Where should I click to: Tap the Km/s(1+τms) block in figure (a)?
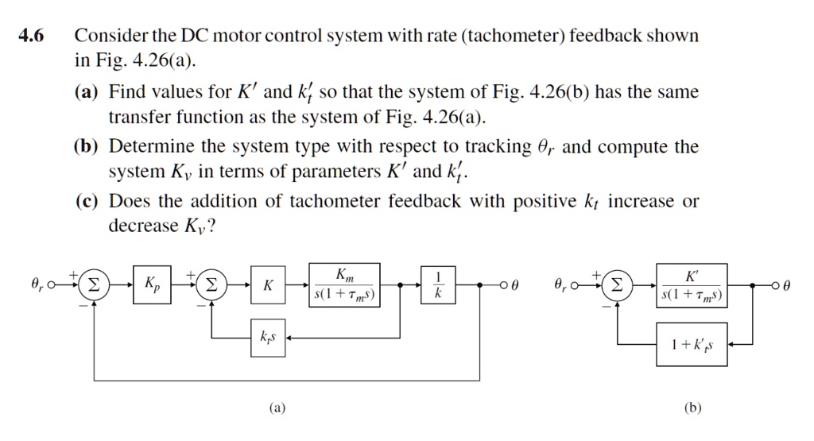point(345,284)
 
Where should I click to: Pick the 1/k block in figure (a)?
point(438,284)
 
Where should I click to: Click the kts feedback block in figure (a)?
point(268,338)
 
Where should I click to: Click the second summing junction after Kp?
point(211,284)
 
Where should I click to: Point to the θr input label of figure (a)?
point(37,284)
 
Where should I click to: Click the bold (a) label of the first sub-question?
point(87,92)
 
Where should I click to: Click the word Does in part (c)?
point(127,201)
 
